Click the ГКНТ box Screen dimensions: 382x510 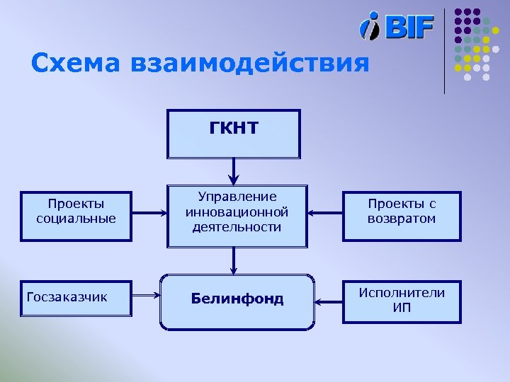[x=234, y=133]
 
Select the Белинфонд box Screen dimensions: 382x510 [x=237, y=301]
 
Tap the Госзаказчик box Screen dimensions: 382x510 [x=75, y=297]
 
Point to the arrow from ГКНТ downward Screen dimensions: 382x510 [x=234, y=172]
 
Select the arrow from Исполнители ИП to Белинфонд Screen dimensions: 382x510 [x=329, y=302]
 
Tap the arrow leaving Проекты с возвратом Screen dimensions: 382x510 [x=326, y=212]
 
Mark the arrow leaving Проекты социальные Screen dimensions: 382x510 [x=148, y=212]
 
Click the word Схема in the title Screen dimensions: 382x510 [x=76, y=64]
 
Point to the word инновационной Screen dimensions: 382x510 [x=237, y=212]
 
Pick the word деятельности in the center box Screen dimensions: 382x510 [x=237, y=227]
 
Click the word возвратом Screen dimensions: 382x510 [x=402, y=219]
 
